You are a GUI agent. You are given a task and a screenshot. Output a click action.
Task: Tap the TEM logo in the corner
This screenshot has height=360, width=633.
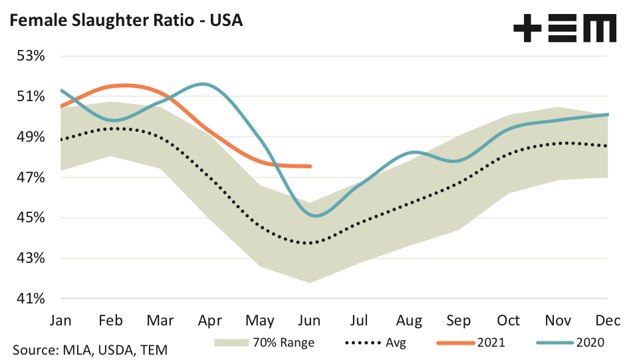pyautogui.click(x=565, y=29)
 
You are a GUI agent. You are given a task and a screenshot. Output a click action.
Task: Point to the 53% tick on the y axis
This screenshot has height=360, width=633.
pyautogui.click(x=31, y=56)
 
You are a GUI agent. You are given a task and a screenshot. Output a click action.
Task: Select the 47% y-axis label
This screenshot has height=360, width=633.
pyautogui.click(x=31, y=178)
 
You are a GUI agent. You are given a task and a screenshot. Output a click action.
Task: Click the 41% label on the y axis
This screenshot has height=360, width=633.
pyautogui.click(x=31, y=299)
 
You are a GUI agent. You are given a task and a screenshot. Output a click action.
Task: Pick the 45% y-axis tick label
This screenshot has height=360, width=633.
pyautogui.click(x=31, y=218)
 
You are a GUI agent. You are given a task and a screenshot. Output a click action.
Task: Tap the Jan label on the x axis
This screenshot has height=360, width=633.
pyautogui.click(x=61, y=320)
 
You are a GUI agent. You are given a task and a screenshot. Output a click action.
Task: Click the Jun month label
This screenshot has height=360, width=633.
pyautogui.click(x=309, y=320)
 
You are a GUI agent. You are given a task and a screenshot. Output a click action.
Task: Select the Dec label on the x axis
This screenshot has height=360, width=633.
pyautogui.click(x=606, y=320)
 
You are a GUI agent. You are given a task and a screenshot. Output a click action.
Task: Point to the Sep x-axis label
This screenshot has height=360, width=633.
pyautogui.click(x=458, y=320)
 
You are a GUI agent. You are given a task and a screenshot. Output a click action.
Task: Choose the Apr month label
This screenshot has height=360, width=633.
pyautogui.click(x=210, y=320)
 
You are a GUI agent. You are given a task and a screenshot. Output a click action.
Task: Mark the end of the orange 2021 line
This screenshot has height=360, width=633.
pyautogui.click(x=311, y=166)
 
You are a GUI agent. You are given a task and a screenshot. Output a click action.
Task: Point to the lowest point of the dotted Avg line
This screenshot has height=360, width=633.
pyautogui.click(x=309, y=243)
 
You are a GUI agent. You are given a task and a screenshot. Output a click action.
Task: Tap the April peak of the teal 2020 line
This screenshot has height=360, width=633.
pyautogui.click(x=203, y=84)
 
